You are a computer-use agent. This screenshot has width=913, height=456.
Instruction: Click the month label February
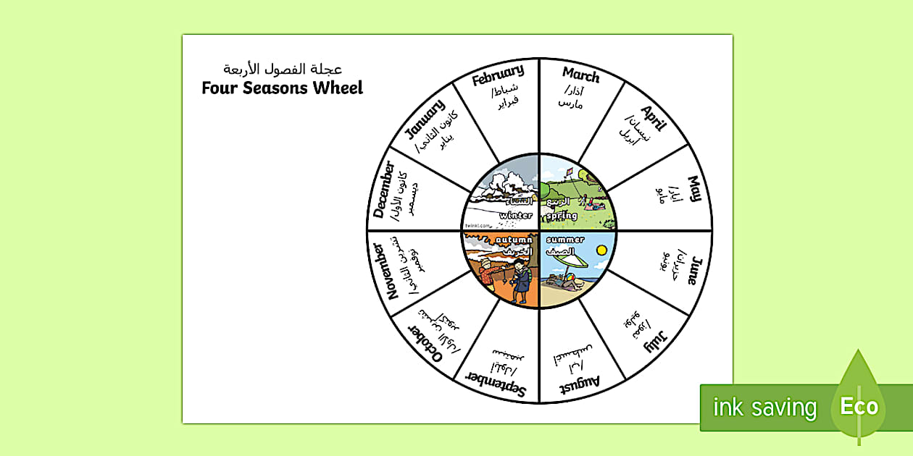coord(498,75)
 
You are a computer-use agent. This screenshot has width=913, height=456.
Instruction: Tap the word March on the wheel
coord(581,75)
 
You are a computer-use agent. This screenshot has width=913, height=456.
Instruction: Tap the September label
coord(497,384)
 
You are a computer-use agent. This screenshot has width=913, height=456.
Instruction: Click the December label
coord(384,190)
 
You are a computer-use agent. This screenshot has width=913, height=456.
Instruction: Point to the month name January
coord(424,118)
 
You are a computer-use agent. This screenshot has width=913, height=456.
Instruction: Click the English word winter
coord(516,215)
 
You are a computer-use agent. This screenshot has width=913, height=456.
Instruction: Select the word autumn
coord(514,240)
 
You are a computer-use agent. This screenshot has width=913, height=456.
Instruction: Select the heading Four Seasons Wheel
coord(282,88)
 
